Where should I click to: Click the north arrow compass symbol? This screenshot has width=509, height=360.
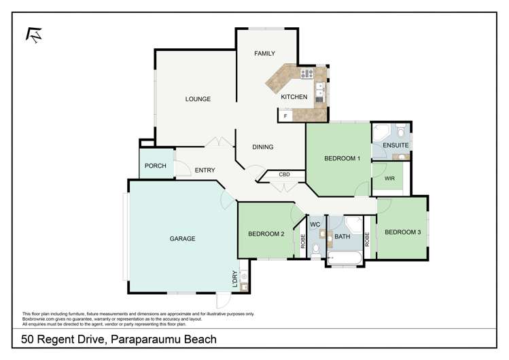point(32,35)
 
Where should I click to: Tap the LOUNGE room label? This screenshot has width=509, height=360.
point(198,99)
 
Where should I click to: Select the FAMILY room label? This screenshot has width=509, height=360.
point(264,53)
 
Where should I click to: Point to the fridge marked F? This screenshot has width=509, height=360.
point(285,117)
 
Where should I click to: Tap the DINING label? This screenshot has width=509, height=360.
point(262,147)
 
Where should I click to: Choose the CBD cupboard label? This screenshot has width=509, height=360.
point(285,175)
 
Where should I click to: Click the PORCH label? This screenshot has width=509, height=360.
point(155,166)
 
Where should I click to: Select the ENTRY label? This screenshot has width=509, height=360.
point(205,170)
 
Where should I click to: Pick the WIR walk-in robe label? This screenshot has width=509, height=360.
point(389,179)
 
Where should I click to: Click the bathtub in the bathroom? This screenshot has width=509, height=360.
point(345,257)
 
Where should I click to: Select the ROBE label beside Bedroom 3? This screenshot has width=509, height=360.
point(366,239)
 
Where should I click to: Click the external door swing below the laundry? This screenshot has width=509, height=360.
point(224,301)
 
